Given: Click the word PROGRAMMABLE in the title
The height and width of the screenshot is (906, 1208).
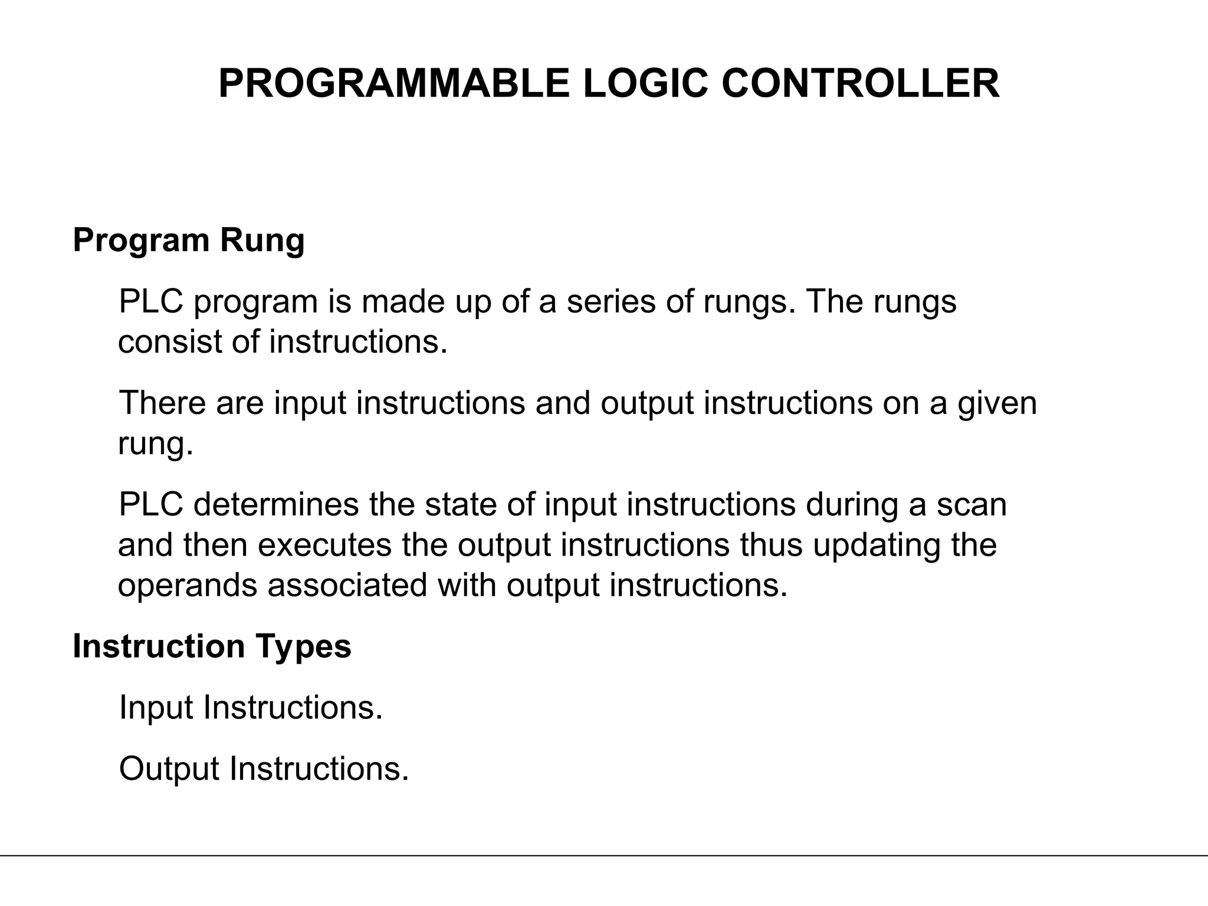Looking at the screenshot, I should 393,84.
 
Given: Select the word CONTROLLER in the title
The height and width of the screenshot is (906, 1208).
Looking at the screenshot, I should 860,84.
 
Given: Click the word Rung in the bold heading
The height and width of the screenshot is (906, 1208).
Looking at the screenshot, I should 262,241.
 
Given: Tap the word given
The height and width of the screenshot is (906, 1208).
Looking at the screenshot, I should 997,404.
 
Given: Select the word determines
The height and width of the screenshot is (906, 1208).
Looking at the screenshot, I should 276,505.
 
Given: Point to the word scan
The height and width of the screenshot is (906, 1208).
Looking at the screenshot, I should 971,505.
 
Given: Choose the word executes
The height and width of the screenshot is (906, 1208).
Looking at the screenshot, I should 325,545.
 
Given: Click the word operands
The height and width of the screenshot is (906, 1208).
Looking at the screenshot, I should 188,586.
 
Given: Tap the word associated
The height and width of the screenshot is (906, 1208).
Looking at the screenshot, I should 347,586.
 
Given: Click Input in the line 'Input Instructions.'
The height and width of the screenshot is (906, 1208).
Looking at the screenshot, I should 156,708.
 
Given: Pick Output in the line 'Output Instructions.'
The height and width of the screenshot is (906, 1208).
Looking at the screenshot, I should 169,769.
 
